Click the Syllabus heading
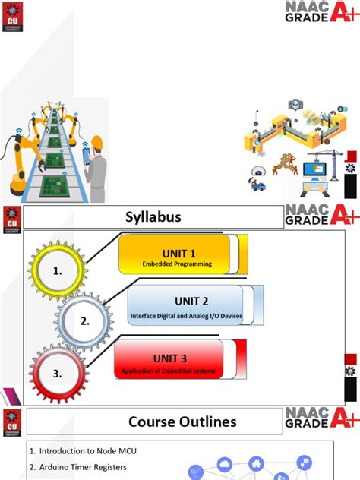pos(153,218)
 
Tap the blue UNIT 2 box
pos(185,305)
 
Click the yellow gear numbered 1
pos(58,270)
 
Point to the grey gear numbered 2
pos(84,321)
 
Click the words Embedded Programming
pos(175,264)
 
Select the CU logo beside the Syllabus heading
pos(12,217)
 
